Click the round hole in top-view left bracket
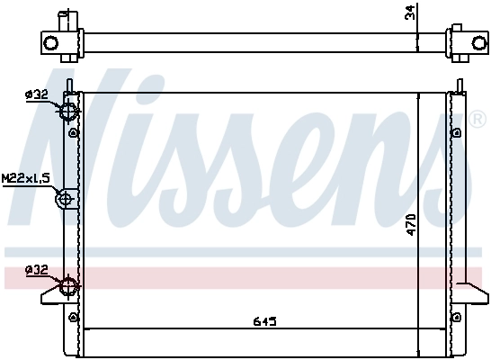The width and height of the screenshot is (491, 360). point(52,42)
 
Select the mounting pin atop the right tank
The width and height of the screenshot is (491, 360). point(459,86)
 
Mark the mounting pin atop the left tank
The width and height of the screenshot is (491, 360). point(68,85)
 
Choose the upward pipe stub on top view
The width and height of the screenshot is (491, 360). point(63,19)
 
